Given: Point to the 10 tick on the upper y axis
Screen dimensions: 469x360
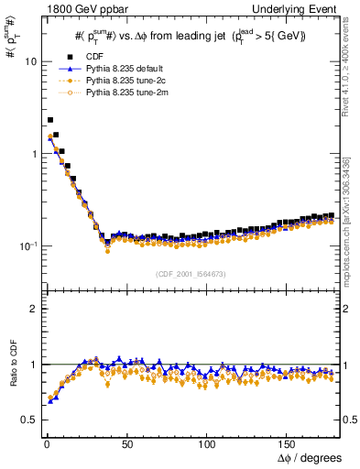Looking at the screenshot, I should (28, 61).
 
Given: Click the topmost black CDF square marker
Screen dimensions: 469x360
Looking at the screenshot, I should (50, 120).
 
